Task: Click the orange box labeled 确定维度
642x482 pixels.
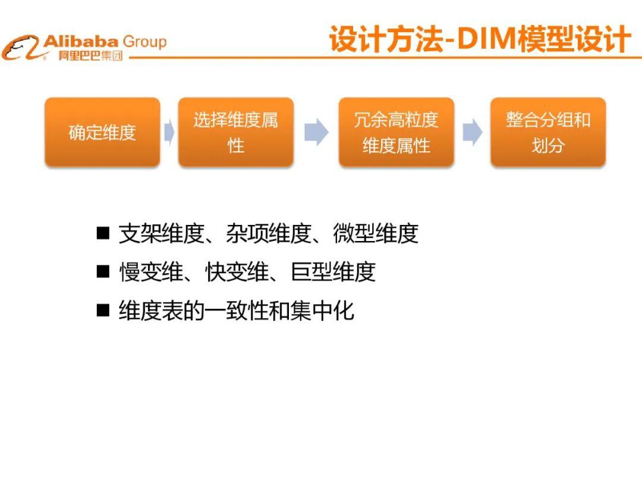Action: [102, 132]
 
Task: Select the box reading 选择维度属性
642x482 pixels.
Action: [236, 132]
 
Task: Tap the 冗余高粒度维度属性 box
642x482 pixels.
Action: [396, 132]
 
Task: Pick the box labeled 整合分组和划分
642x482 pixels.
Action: [548, 132]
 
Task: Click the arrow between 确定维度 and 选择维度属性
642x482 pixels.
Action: [169, 132]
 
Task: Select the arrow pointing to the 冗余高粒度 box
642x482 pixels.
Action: [316, 132]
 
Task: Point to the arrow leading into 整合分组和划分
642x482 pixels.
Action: [473, 132]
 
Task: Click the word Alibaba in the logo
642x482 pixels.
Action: [81, 41]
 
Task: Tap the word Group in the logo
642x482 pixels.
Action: [144, 42]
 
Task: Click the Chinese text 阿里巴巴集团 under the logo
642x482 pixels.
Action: [90, 56]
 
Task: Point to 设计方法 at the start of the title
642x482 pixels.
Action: [386, 39]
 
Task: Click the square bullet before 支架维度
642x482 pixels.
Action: [103, 233]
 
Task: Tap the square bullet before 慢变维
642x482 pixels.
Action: [103, 271]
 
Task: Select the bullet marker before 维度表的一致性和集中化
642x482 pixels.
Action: [103, 310]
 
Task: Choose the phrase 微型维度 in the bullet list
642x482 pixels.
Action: [376, 233]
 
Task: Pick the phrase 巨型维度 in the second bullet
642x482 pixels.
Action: [333, 272]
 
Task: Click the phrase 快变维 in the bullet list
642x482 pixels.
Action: [237, 272]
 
